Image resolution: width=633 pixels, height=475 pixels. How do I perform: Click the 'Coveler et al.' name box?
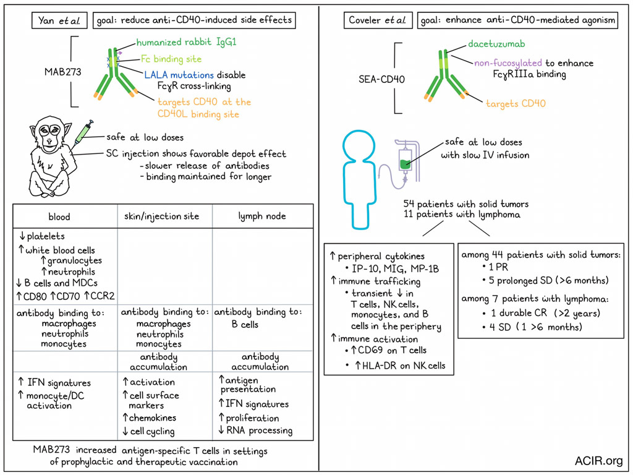[377, 20]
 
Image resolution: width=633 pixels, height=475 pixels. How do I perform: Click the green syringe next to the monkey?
[82, 132]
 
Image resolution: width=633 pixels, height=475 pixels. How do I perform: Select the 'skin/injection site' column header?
[164, 217]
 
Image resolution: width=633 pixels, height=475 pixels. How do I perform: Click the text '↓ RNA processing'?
[255, 430]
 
